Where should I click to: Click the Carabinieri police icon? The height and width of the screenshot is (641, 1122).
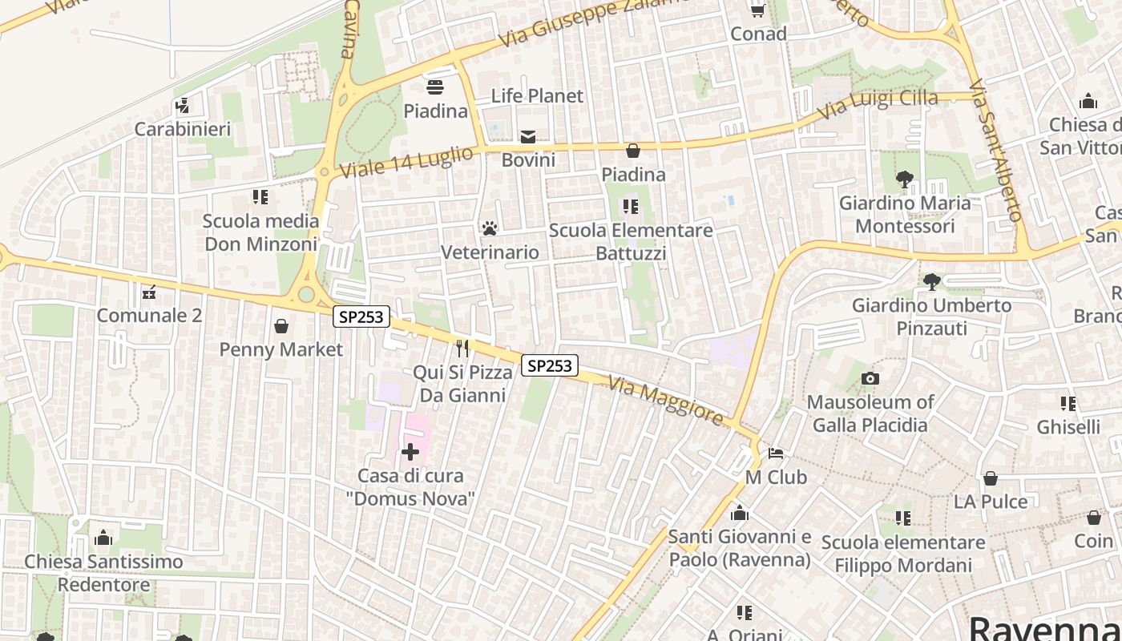coord(183,106)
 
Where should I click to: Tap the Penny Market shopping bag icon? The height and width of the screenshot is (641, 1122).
coord(281,326)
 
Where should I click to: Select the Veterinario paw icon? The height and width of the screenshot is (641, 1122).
coord(490,229)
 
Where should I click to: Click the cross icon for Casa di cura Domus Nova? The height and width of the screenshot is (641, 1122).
coord(410,453)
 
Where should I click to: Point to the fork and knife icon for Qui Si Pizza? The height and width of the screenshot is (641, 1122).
coord(462,349)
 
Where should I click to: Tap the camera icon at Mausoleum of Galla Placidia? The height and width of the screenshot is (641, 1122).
coord(870,378)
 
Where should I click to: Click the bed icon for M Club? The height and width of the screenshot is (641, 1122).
coord(776,454)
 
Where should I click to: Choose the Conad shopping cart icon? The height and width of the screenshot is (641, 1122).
coord(757,10)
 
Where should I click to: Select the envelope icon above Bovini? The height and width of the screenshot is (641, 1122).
coord(528,137)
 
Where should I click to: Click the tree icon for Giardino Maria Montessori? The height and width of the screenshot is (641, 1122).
coord(905,179)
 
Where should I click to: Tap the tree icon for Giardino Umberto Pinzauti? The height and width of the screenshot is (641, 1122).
coord(931,282)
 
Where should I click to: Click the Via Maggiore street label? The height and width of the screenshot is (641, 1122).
coord(666,400)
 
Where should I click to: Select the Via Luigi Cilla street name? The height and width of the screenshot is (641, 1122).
coord(877,103)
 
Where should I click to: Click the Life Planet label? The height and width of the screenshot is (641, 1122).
coord(537,96)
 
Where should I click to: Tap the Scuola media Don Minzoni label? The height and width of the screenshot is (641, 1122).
coord(261,232)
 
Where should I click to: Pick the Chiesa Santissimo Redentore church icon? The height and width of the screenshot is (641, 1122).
coord(103,538)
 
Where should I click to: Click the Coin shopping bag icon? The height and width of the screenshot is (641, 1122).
coord(1094,518)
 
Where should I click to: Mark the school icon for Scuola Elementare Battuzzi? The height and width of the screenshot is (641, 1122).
coord(631,208)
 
